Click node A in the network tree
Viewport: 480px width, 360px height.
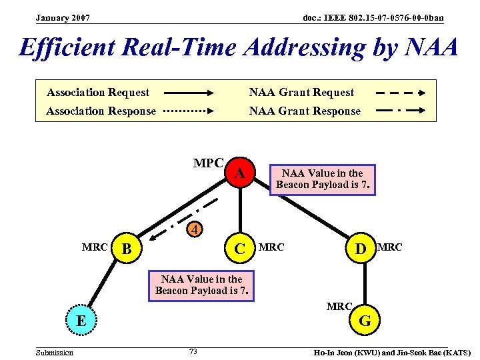tap(241, 175)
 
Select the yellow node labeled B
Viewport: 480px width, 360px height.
tap(128, 249)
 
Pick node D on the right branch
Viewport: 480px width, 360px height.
tap(361, 248)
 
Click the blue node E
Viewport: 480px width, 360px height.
tap(81, 320)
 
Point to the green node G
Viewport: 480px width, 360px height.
tap(365, 321)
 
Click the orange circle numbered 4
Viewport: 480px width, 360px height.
tap(193, 231)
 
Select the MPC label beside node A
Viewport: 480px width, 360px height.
tap(208, 163)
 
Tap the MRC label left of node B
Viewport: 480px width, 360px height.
tap(95, 247)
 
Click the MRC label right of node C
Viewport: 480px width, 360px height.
tap(271, 247)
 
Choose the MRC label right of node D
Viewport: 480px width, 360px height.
tap(390, 247)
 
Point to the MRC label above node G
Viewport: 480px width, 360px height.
tap(339, 306)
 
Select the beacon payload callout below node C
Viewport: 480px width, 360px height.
tap(203, 285)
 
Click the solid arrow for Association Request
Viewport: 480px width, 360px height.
tap(188, 93)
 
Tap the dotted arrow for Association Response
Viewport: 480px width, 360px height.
tap(188, 111)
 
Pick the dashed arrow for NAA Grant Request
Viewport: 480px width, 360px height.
tap(401, 93)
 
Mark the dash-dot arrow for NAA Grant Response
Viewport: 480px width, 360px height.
tap(401, 111)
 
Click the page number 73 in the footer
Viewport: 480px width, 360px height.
tap(193, 351)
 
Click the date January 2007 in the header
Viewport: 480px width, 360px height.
tap(63, 17)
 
